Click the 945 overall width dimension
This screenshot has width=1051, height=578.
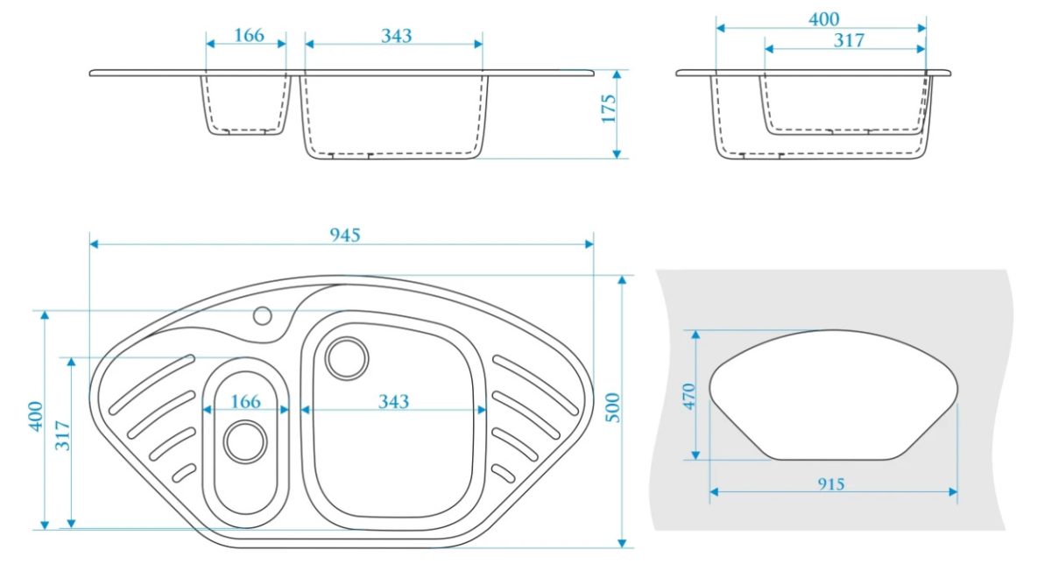click(345, 235)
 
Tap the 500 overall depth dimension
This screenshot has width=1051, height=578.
click(612, 407)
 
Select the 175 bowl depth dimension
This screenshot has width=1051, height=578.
click(609, 109)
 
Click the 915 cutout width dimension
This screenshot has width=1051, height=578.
click(831, 483)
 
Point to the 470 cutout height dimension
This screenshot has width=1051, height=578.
click(688, 397)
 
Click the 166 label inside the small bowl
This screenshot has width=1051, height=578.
click(245, 402)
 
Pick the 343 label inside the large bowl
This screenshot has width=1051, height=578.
click(393, 402)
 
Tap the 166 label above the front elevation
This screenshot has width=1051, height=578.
click(249, 35)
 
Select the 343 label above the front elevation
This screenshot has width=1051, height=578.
click(397, 36)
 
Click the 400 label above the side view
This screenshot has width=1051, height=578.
click(824, 19)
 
